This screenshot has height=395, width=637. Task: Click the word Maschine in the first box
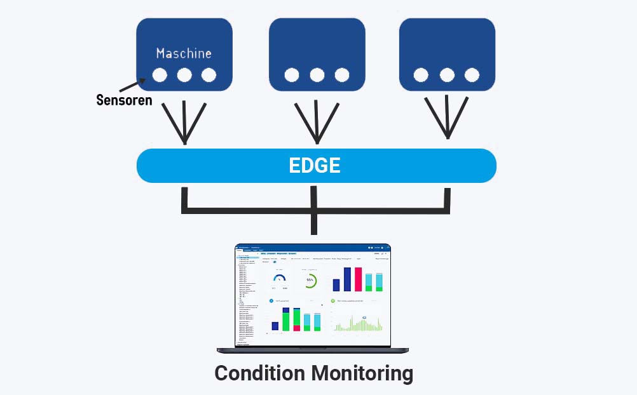[x=184, y=53]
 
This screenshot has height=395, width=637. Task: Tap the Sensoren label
[x=124, y=100]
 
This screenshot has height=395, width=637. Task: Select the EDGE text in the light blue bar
[x=315, y=166]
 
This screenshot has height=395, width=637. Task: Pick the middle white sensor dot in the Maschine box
[x=184, y=75]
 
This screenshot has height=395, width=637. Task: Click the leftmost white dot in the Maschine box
[x=160, y=75]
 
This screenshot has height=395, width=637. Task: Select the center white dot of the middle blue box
[x=317, y=75]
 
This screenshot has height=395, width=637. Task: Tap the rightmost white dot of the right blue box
[x=472, y=75]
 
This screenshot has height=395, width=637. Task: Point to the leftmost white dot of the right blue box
[x=421, y=75]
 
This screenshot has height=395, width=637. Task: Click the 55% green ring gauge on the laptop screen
[x=310, y=280]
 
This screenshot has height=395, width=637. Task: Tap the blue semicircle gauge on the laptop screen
[x=280, y=278]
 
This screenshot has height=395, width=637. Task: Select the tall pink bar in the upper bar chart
[x=358, y=279]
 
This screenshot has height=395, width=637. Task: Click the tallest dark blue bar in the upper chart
[x=347, y=279]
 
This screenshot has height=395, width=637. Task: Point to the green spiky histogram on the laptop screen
[x=357, y=324]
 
